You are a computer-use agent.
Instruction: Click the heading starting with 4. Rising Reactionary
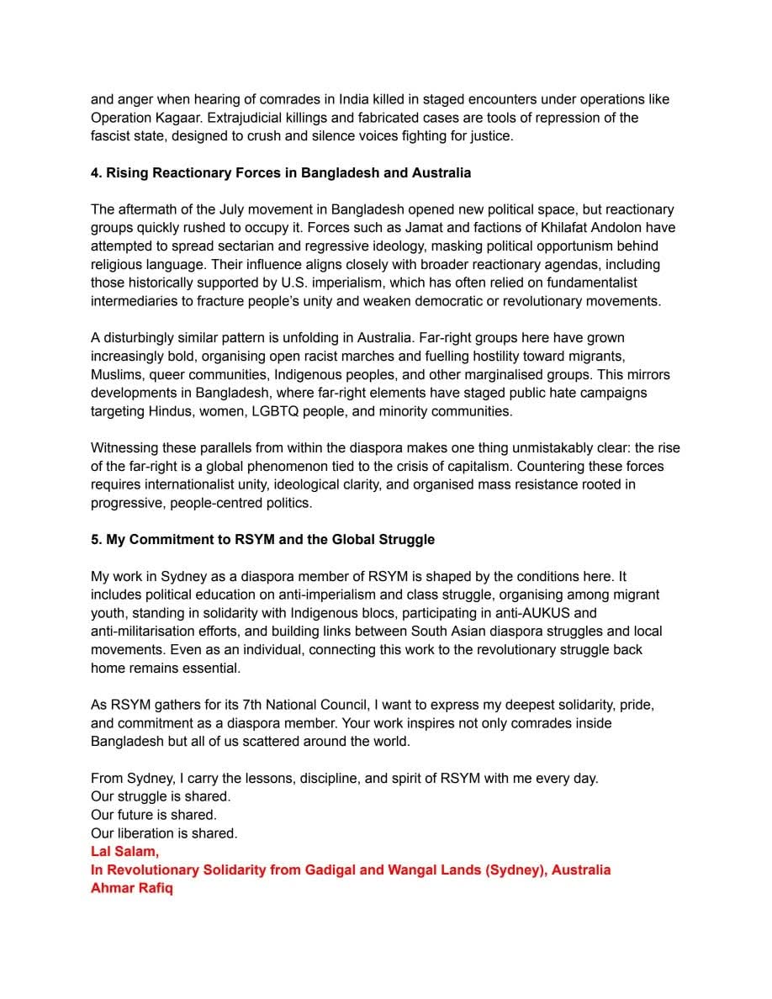(281, 172)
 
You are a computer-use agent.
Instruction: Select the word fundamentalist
(594, 283)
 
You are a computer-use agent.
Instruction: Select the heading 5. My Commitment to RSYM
(262, 539)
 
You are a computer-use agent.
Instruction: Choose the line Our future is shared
(154, 815)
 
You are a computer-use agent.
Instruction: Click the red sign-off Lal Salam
(124, 851)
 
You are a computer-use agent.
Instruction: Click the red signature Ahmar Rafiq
(131, 888)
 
